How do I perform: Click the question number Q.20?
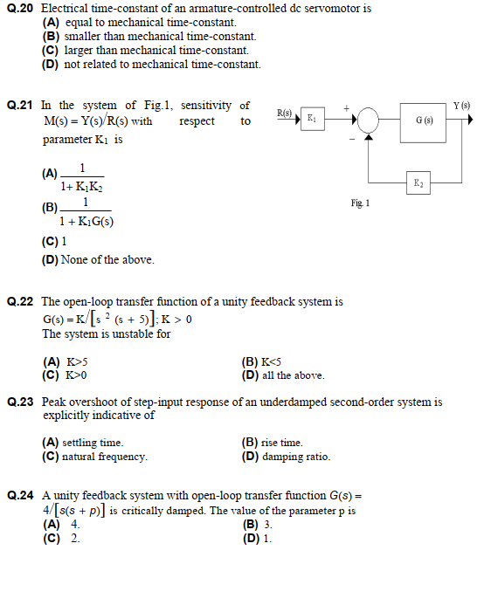pos(21,8)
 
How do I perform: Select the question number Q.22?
pos(21,302)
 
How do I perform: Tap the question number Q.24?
pos(21,496)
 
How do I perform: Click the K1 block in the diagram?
pos(311,119)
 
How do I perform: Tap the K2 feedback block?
pos(419,182)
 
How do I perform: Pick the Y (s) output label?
pos(461,106)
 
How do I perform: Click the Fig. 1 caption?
pos(360,203)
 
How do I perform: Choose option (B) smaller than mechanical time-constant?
pos(149,37)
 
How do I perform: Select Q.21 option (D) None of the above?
pos(98,259)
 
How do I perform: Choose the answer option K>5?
pos(66,361)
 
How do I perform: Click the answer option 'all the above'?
pos(283,375)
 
